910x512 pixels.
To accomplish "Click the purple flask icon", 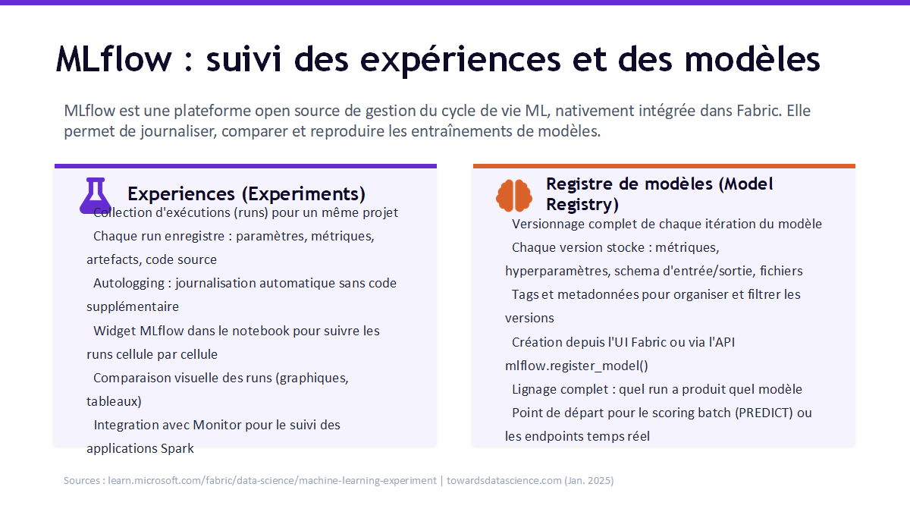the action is click(x=95, y=196).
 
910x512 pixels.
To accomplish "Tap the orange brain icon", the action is click(x=514, y=196).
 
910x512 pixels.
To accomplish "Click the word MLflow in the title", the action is click(x=114, y=59).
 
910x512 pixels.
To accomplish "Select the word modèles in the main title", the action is click(x=752, y=59).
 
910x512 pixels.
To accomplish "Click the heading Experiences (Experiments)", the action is click(x=246, y=194).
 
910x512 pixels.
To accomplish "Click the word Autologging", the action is click(x=129, y=283).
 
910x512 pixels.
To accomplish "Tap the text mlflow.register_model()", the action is click(x=576, y=366).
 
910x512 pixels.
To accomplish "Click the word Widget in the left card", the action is click(x=115, y=331).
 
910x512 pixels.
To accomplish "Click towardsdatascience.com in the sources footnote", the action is click(x=504, y=480).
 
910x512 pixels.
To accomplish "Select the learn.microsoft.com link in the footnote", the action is click(x=272, y=480).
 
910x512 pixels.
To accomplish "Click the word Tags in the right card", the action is click(x=525, y=294).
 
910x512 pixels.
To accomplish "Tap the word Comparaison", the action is click(x=132, y=378).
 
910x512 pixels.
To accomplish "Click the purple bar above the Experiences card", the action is click(x=246, y=166).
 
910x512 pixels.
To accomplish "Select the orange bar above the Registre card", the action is click(x=664, y=166).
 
